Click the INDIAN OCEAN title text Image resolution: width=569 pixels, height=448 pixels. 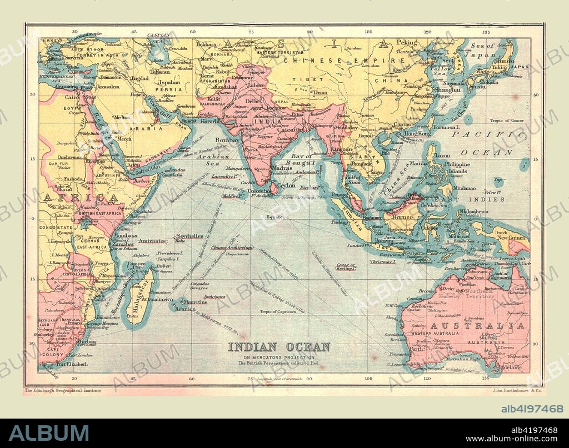pyautogui.click(x=279, y=348)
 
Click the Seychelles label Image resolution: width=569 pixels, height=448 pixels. pyautogui.click(x=187, y=236)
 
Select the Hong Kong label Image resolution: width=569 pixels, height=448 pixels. pyautogui.click(x=417, y=134)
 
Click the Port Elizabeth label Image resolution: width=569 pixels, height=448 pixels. pyautogui.click(x=71, y=364)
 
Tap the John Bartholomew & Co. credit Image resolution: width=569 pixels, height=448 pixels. pyautogui.click(x=517, y=390)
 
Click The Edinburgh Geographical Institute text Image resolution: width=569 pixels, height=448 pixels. pyautogui.click(x=62, y=390)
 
